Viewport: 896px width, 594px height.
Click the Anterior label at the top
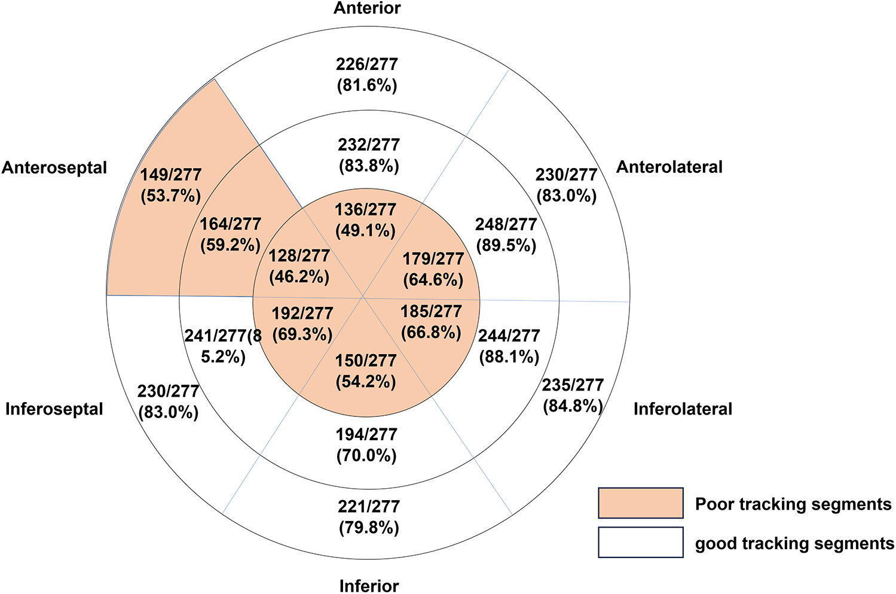[367, 8]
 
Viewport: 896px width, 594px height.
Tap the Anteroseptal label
[54, 167]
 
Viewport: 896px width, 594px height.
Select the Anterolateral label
[669, 167]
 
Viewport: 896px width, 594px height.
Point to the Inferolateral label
[683, 409]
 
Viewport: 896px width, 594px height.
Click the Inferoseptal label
[54, 409]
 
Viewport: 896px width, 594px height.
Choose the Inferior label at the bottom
[369, 586]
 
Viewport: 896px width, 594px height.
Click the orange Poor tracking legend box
[640, 503]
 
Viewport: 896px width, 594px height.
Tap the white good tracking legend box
[640, 542]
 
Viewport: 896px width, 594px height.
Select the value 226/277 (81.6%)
[367, 75]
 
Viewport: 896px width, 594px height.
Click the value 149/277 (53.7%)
[171, 185]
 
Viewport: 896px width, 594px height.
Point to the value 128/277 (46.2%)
[299, 266]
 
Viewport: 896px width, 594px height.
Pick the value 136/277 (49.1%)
[366, 220]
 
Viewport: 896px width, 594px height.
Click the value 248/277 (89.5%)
[506, 235]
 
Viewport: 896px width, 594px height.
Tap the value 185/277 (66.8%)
[432, 322]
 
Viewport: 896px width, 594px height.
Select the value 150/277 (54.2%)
[366, 371]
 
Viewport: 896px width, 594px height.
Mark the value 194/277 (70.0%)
[367, 445]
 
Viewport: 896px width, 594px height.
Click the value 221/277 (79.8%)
[369, 517]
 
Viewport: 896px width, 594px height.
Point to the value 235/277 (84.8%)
[573, 395]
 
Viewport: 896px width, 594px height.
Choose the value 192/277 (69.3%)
[302, 324]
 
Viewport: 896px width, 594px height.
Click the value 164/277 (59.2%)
[231, 234]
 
